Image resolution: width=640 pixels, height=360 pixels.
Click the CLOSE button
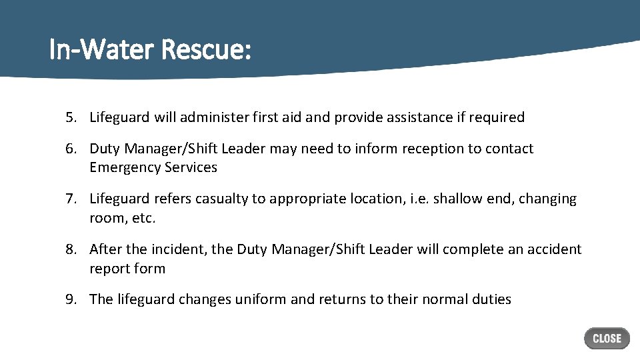pyautogui.click(x=607, y=338)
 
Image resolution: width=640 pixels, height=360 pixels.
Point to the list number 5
pyautogui.click(x=71, y=117)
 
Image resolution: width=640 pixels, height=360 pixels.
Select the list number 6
pyautogui.click(x=71, y=149)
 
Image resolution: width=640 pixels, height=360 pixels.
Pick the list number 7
pyautogui.click(x=71, y=199)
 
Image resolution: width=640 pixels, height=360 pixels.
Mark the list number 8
pyautogui.click(x=71, y=249)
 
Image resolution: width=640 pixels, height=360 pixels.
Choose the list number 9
pyautogui.click(x=71, y=299)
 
